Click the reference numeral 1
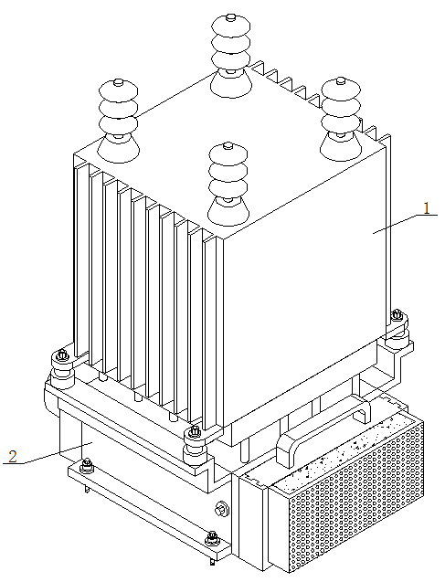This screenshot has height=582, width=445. pos(427,208)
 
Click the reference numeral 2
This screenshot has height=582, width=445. pos(13,456)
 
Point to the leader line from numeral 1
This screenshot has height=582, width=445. pos(405,224)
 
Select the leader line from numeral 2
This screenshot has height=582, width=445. pos(48,453)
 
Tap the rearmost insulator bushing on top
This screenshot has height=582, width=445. pos(230,56)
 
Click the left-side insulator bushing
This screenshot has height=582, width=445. pos(118,121)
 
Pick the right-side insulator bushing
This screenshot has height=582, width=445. pos(341,119)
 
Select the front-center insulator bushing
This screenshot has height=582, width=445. pos(228,184)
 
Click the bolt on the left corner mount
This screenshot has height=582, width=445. pos(62,355)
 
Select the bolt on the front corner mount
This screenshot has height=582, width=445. pos(194,432)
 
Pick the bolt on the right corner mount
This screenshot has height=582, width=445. pos(397,315)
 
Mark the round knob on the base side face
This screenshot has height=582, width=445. pos(221,509)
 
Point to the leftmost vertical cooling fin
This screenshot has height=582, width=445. pos(81,259)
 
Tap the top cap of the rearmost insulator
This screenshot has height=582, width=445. pos(230,16)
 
